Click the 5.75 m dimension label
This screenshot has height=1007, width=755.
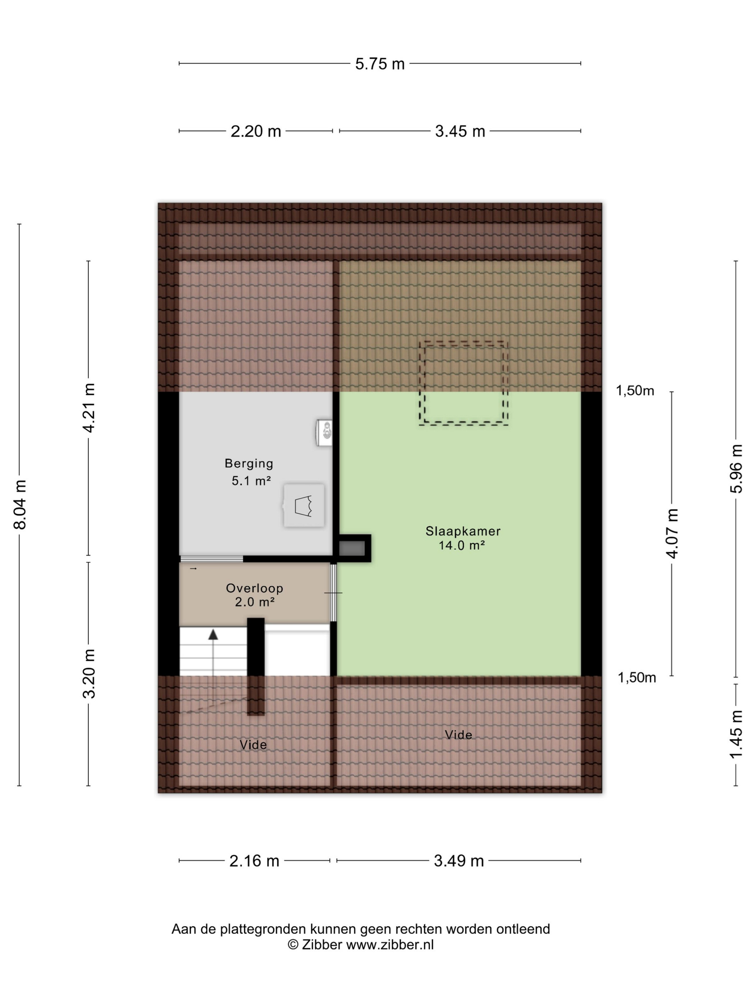(380, 64)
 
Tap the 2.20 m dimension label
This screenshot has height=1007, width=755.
(256, 131)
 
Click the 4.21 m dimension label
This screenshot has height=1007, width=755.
(89, 408)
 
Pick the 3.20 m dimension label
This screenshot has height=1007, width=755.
(89, 673)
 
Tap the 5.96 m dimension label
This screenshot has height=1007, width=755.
(736, 469)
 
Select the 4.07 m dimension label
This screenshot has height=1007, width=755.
(672, 533)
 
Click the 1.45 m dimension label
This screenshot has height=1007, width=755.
(736, 734)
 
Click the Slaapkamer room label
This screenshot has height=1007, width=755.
(463, 531)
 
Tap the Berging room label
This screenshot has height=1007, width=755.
(249, 464)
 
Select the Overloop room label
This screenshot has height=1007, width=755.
(255, 588)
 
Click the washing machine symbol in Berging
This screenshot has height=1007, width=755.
(303, 506)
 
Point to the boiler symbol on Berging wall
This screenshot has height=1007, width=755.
(325, 432)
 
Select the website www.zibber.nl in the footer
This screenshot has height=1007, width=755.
(390, 945)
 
